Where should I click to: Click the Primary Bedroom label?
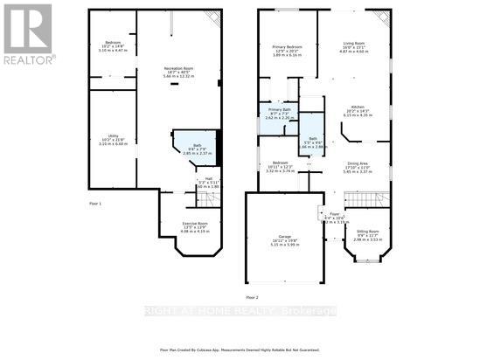tap(287, 46)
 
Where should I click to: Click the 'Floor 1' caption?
tap(96, 203)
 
